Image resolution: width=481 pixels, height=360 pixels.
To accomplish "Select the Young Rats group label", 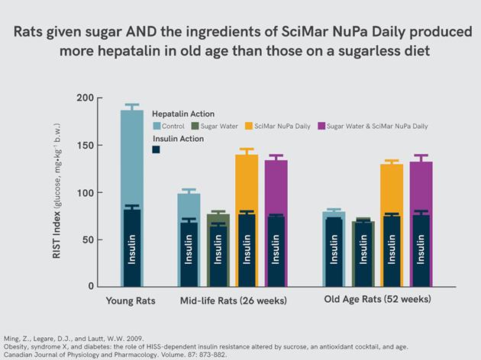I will (x=131, y=301).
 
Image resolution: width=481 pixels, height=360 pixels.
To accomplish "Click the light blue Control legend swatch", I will (x=157, y=126).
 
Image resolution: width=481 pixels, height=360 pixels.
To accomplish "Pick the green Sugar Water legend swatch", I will (x=195, y=126).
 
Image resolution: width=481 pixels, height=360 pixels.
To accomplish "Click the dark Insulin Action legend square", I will (x=156, y=149).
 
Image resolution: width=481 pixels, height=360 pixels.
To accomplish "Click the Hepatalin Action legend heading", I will (x=182, y=112).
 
